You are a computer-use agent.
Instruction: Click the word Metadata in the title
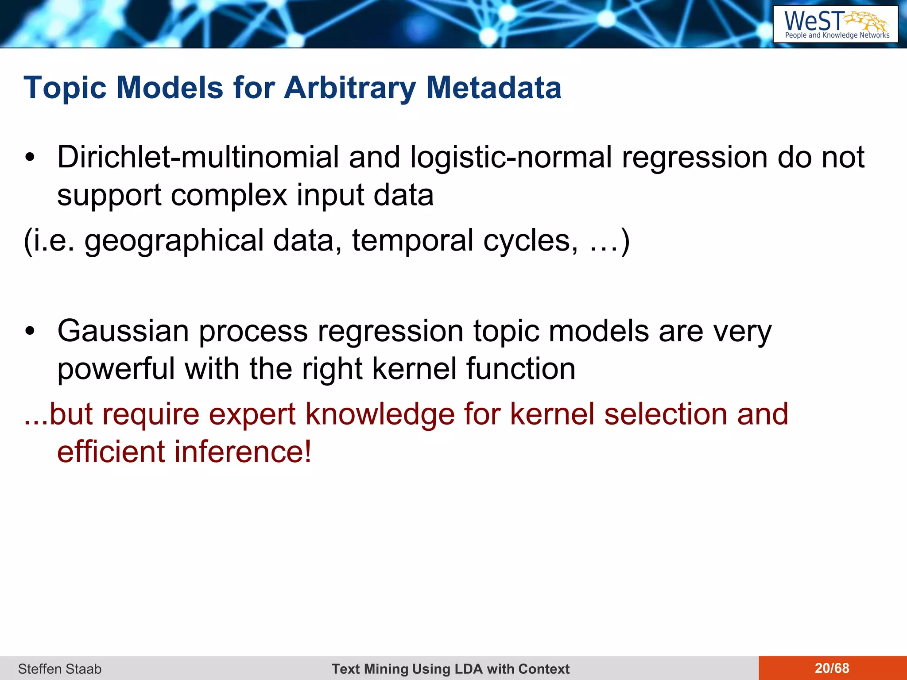point(493,88)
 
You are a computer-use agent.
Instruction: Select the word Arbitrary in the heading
point(350,88)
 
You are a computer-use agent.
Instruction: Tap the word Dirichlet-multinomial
point(198,158)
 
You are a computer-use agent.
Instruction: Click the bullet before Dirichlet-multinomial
point(30,158)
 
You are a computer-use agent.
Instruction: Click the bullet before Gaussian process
point(30,331)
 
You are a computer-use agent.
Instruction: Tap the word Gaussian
point(123,331)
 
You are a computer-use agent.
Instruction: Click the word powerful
point(116,369)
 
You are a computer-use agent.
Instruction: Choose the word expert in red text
point(252,414)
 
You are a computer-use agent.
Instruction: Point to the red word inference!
point(243,452)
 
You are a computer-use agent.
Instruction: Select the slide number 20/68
point(832,668)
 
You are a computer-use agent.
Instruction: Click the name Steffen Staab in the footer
point(60,669)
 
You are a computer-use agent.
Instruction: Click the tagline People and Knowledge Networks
point(837,35)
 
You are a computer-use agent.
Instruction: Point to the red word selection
point(665,414)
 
